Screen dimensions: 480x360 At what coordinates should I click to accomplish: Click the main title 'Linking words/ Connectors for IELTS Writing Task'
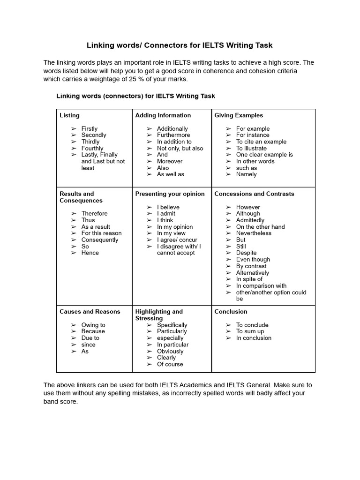[180, 45]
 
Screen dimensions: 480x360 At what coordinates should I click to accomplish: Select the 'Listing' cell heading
[69, 115]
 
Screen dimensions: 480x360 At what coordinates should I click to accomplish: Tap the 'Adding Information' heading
[163, 115]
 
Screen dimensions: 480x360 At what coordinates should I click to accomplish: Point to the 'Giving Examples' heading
[239, 115]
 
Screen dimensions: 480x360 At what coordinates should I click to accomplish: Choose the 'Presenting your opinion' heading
[170, 194]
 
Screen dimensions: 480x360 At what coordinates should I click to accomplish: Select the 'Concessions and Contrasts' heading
[254, 194]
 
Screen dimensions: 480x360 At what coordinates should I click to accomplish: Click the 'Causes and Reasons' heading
[90, 311]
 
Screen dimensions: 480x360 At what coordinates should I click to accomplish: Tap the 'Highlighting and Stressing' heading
[159, 315]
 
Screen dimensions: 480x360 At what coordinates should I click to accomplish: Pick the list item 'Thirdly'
[90, 142]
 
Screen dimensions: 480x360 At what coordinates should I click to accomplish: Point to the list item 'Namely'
[246, 174]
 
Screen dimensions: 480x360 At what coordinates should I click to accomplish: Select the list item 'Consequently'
[100, 240]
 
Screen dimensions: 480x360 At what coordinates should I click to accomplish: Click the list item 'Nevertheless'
[254, 233]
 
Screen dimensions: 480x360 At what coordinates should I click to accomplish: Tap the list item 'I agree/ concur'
[177, 240]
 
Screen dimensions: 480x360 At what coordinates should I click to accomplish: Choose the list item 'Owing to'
[93, 325]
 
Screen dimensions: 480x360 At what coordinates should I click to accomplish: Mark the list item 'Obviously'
[170, 351]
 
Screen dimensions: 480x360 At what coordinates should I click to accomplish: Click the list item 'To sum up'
[250, 331]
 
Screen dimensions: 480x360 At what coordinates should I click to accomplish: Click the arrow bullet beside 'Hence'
[74, 253]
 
